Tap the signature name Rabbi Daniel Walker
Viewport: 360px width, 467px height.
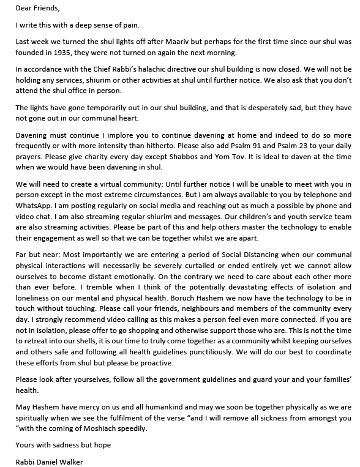[50, 462]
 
